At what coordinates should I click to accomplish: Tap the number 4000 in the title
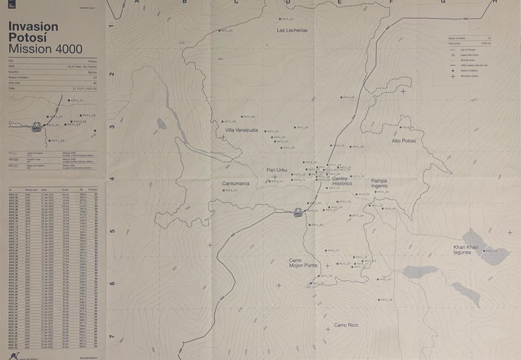click(67, 49)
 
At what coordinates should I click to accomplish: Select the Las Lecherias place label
click(292, 31)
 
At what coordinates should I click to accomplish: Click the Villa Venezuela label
click(242, 130)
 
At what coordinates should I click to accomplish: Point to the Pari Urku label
click(277, 170)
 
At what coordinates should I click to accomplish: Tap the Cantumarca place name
click(235, 183)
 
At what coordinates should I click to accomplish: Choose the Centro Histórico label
click(342, 181)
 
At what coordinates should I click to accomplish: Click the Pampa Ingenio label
click(379, 183)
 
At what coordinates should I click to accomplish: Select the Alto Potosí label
click(404, 140)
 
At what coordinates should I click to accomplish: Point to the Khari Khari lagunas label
click(466, 249)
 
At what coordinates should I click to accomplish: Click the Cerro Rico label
click(345, 325)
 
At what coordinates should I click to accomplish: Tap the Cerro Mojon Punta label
click(303, 263)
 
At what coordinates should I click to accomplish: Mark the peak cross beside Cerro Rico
click(328, 329)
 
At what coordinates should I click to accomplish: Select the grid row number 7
click(111, 337)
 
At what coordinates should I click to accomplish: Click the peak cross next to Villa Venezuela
click(223, 137)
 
